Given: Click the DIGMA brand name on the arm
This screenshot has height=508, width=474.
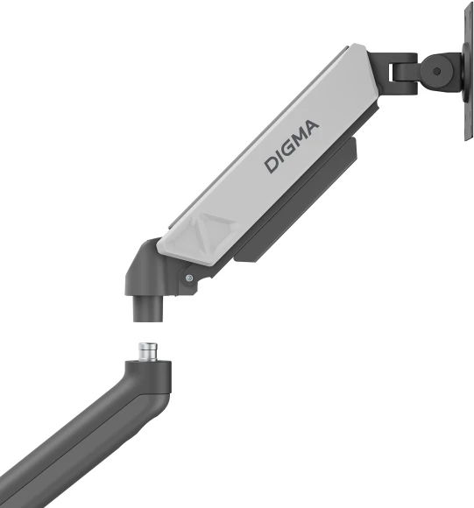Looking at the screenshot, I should tap(293, 145).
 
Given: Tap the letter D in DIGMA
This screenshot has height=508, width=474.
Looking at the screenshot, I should tap(272, 163).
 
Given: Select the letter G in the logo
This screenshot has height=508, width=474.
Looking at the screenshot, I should tap(288, 149).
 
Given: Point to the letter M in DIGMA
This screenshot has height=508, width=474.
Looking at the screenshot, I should tap(299, 139).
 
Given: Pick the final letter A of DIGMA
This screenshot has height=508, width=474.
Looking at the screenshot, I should tap(312, 128).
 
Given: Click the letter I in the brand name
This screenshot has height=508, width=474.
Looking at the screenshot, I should tap(280, 156).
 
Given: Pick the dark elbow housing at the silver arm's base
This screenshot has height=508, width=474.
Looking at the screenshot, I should tap(145, 272).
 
